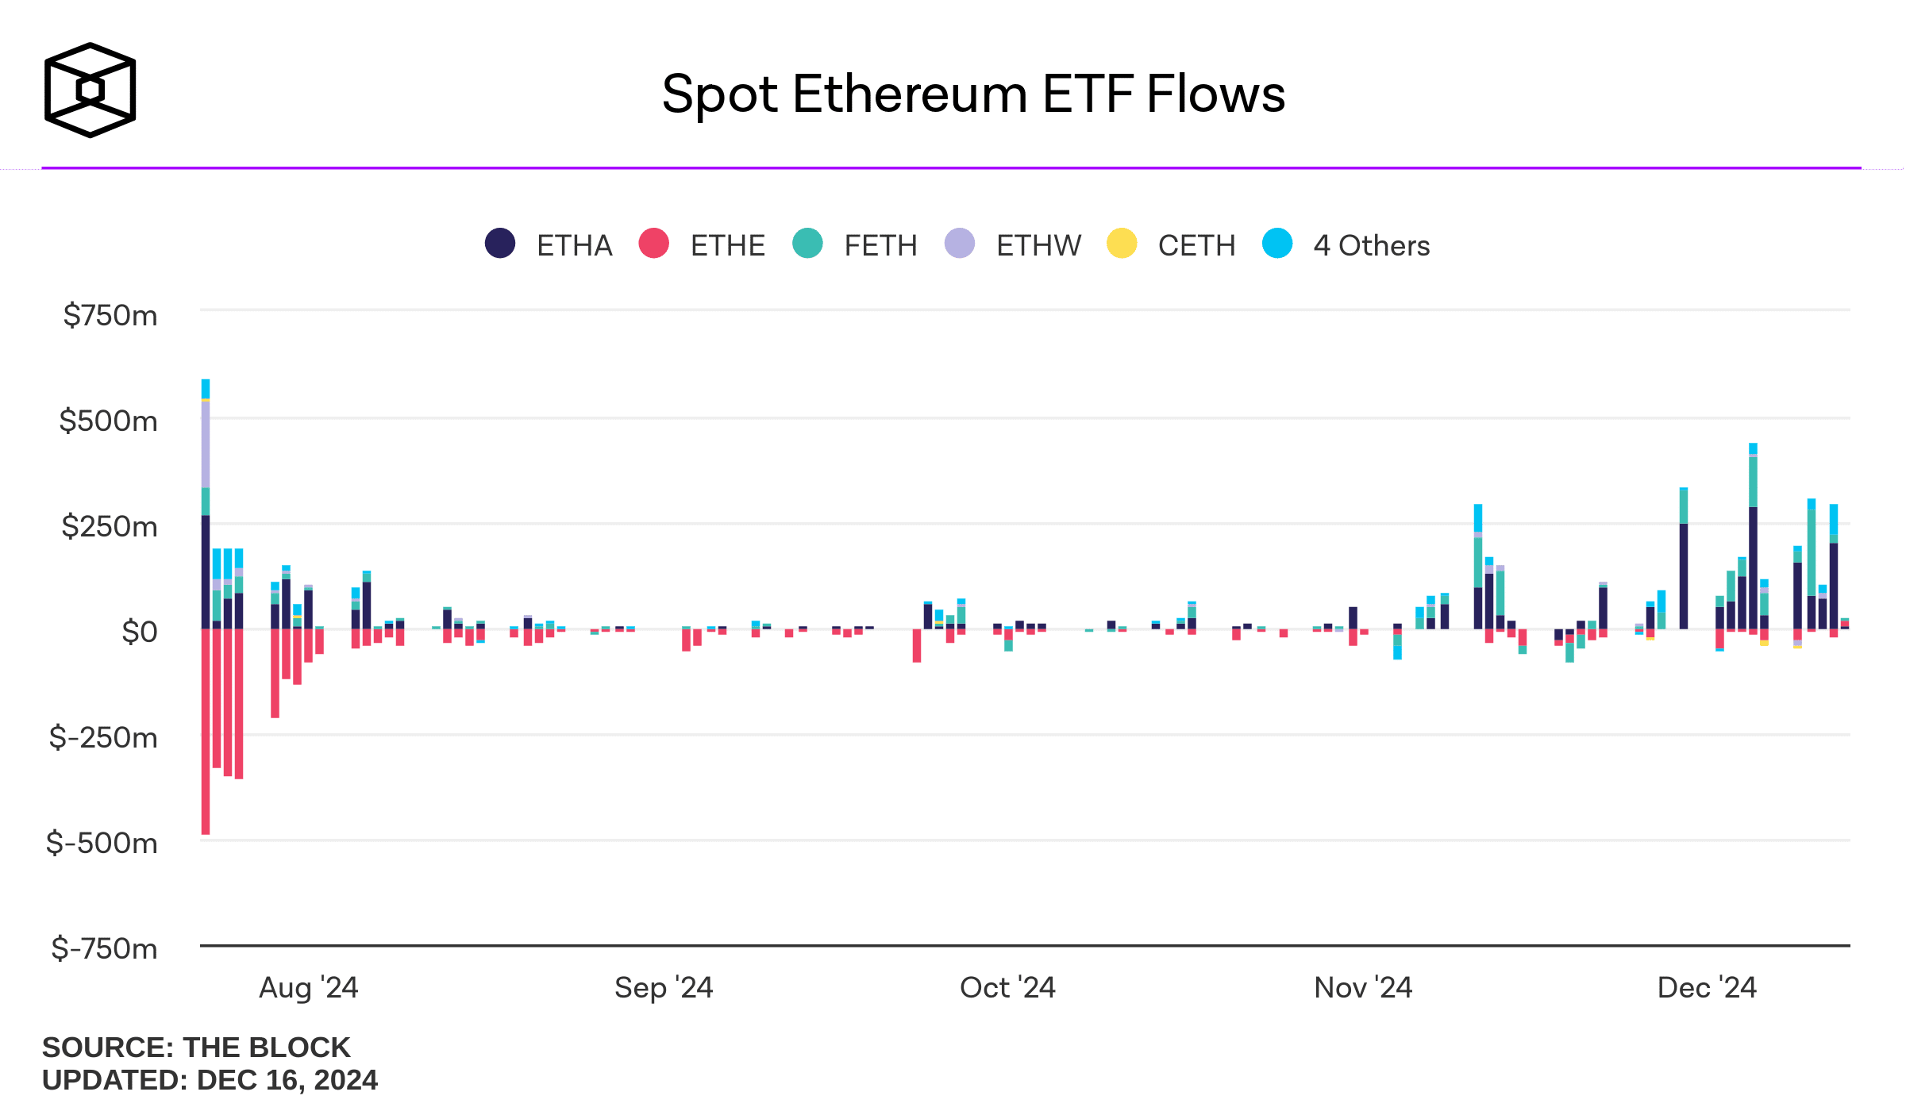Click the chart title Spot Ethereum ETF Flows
tap(973, 94)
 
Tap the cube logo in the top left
tap(90, 90)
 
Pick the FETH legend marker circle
tap(807, 244)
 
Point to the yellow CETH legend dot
tap(1122, 244)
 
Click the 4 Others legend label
tap(1371, 245)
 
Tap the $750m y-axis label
tap(110, 316)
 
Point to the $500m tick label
tap(109, 421)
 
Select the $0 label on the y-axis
tap(139, 632)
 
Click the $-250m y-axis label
tap(103, 737)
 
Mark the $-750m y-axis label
tap(104, 948)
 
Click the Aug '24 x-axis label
tap(308, 987)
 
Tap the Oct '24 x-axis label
tap(1007, 987)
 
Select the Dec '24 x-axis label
tap(1707, 987)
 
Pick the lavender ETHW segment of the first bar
tap(206, 444)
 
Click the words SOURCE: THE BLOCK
tap(196, 1048)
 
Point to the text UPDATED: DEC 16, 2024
tap(210, 1080)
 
